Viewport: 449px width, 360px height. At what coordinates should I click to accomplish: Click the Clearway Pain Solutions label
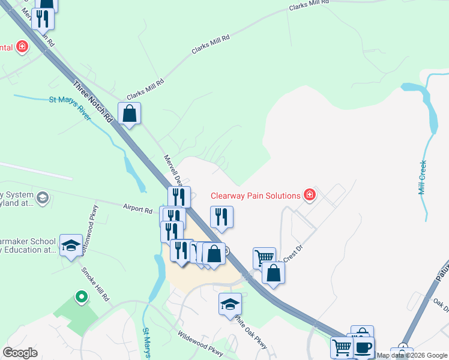coord(255,196)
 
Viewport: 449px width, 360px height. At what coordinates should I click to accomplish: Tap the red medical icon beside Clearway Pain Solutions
coord(309,194)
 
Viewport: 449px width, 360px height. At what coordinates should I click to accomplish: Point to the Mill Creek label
coord(422,177)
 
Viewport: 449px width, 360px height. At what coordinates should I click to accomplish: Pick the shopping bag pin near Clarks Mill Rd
coord(129,112)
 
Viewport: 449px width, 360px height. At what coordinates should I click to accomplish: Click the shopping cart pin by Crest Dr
coord(264,257)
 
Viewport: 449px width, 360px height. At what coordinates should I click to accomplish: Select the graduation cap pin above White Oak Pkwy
coord(230,304)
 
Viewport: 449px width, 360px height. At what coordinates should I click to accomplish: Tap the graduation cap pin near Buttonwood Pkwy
coord(71,245)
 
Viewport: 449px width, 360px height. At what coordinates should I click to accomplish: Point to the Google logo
coord(20,353)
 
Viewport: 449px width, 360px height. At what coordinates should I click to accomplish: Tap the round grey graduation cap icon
coord(43,197)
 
